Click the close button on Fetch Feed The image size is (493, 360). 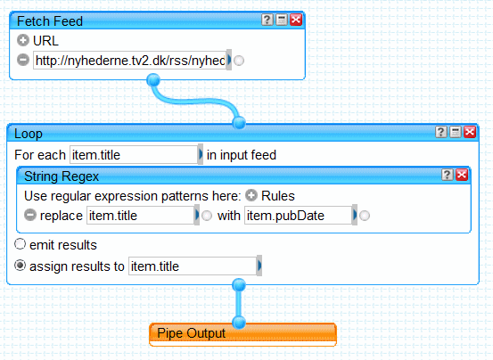pyautogui.click(x=296, y=20)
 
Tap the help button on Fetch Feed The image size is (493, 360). pyautogui.click(x=267, y=20)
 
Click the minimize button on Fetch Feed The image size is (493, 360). pyautogui.click(x=282, y=20)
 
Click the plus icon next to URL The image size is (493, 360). pyautogui.click(x=23, y=40)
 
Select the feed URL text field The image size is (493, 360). pyautogui.click(x=130, y=60)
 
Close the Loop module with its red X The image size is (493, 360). pyautogui.click(x=470, y=132)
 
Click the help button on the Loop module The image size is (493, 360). pyautogui.click(x=440, y=132)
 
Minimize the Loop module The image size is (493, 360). pyautogui.click(x=456, y=132)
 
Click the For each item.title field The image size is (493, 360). pyautogui.click(x=134, y=154)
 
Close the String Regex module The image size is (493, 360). pyautogui.click(x=462, y=175)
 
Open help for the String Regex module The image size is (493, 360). pyautogui.click(x=448, y=175)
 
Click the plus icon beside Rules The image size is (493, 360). pyautogui.click(x=251, y=195)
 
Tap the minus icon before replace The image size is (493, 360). pyautogui.click(x=30, y=215)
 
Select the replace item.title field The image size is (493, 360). pyautogui.click(x=141, y=215)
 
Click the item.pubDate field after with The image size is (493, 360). pyautogui.click(x=299, y=215)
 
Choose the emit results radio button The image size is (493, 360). pyautogui.click(x=20, y=244)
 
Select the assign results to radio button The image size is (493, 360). pyautogui.click(x=20, y=266)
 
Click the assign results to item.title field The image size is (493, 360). pyautogui.click(x=193, y=266)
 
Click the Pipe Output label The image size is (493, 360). pyautogui.click(x=191, y=333)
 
